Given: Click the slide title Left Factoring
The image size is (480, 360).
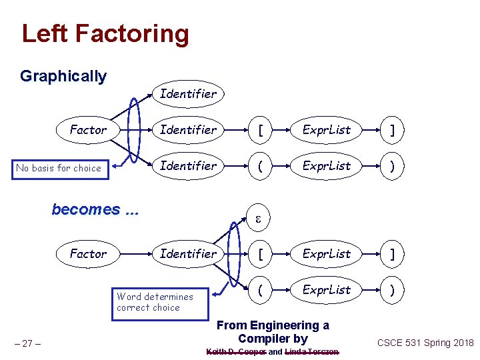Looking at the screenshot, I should click(x=105, y=33).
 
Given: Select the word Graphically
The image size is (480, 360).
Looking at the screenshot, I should click(x=63, y=76).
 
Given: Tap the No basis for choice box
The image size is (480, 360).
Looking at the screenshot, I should click(x=59, y=168).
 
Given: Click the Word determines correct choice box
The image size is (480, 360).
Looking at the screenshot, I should click(x=160, y=302).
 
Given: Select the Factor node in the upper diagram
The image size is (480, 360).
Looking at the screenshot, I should click(x=88, y=130).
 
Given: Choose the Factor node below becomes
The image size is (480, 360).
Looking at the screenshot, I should click(x=88, y=253).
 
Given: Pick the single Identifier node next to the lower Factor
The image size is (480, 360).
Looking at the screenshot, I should click(x=188, y=253).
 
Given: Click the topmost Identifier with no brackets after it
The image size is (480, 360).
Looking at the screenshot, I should click(x=188, y=94).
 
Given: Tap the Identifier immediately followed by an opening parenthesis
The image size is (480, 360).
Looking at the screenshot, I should click(x=188, y=165).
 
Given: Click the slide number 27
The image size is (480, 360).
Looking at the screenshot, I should click(x=29, y=343).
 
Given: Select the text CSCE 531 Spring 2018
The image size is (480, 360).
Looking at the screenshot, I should click(x=425, y=343).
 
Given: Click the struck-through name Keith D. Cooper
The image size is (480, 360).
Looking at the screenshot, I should click(x=236, y=351).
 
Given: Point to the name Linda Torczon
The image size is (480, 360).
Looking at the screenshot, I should click(x=311, y=351).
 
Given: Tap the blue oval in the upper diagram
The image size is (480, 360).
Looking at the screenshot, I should click(x=135, y=130).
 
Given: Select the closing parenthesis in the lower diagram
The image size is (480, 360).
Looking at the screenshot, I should click(x=393, y=289).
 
